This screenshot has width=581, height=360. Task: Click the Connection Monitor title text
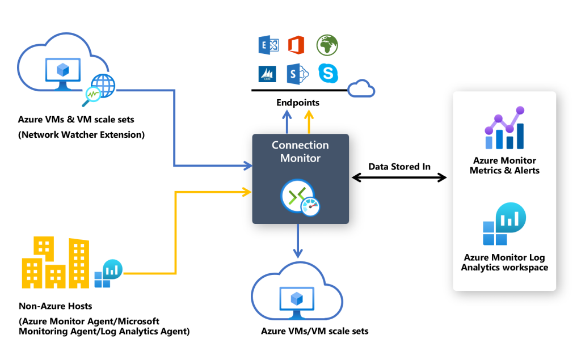pos(300,151)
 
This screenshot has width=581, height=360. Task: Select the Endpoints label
pos(298,103)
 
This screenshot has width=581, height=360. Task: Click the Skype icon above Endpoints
pos(328,73)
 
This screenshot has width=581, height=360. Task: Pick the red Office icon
pos(296,45)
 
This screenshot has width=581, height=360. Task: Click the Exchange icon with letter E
pos(268,45)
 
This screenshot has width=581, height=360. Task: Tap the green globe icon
pos(327,45)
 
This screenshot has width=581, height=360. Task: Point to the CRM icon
pos(267,74)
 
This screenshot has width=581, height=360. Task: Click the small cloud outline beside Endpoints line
pos(361,88)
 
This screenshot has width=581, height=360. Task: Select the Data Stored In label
pos(399,166)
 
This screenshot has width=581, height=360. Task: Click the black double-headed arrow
pos(399,178)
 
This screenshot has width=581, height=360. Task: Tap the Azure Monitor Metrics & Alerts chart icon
pos(504,129)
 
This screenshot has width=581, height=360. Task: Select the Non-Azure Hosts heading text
pos(55,306)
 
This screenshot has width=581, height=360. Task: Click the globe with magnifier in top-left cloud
pos(101,88)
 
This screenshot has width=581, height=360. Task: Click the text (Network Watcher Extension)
pos(81,134)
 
